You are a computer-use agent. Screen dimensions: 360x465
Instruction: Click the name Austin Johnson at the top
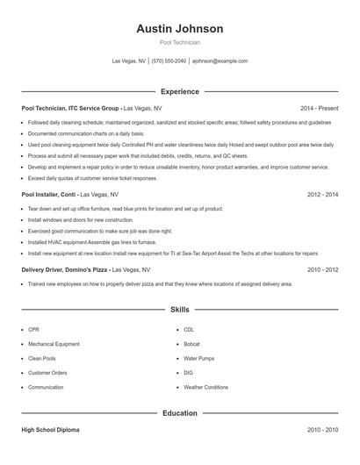(x=179, y=28)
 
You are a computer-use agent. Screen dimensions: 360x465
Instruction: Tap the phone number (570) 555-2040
(x=169, y=61)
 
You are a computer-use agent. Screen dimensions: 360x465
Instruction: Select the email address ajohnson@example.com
(x=220, y=61)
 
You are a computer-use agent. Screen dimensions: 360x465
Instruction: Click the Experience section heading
(x=179, y=91)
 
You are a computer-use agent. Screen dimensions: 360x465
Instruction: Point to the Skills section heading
(x=179, y=310)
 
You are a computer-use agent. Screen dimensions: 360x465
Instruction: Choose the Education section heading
(x=179, y=412)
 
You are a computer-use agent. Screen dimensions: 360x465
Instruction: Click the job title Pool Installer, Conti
(x=49, y=194)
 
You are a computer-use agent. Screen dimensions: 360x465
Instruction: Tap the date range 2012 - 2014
(x=322, y=194)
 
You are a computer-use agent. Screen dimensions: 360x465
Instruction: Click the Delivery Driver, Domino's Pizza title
(x=65, y=270)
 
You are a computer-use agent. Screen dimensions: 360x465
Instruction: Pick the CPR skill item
(x=34, y=329)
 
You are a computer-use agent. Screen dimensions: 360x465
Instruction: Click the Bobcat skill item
(x=193, y=343)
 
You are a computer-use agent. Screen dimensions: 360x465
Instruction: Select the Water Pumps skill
(x=198, y=358)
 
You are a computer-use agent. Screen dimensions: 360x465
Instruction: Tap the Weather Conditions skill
(x=205, y=387)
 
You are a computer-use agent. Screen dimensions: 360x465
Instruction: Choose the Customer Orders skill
(x=47, y=372)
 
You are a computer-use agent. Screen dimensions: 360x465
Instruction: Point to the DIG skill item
(x=189, y=372)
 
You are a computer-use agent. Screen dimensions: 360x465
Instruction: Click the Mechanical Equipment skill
(x=54, y=343)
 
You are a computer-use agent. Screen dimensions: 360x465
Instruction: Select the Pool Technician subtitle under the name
(x=179, y=42)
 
